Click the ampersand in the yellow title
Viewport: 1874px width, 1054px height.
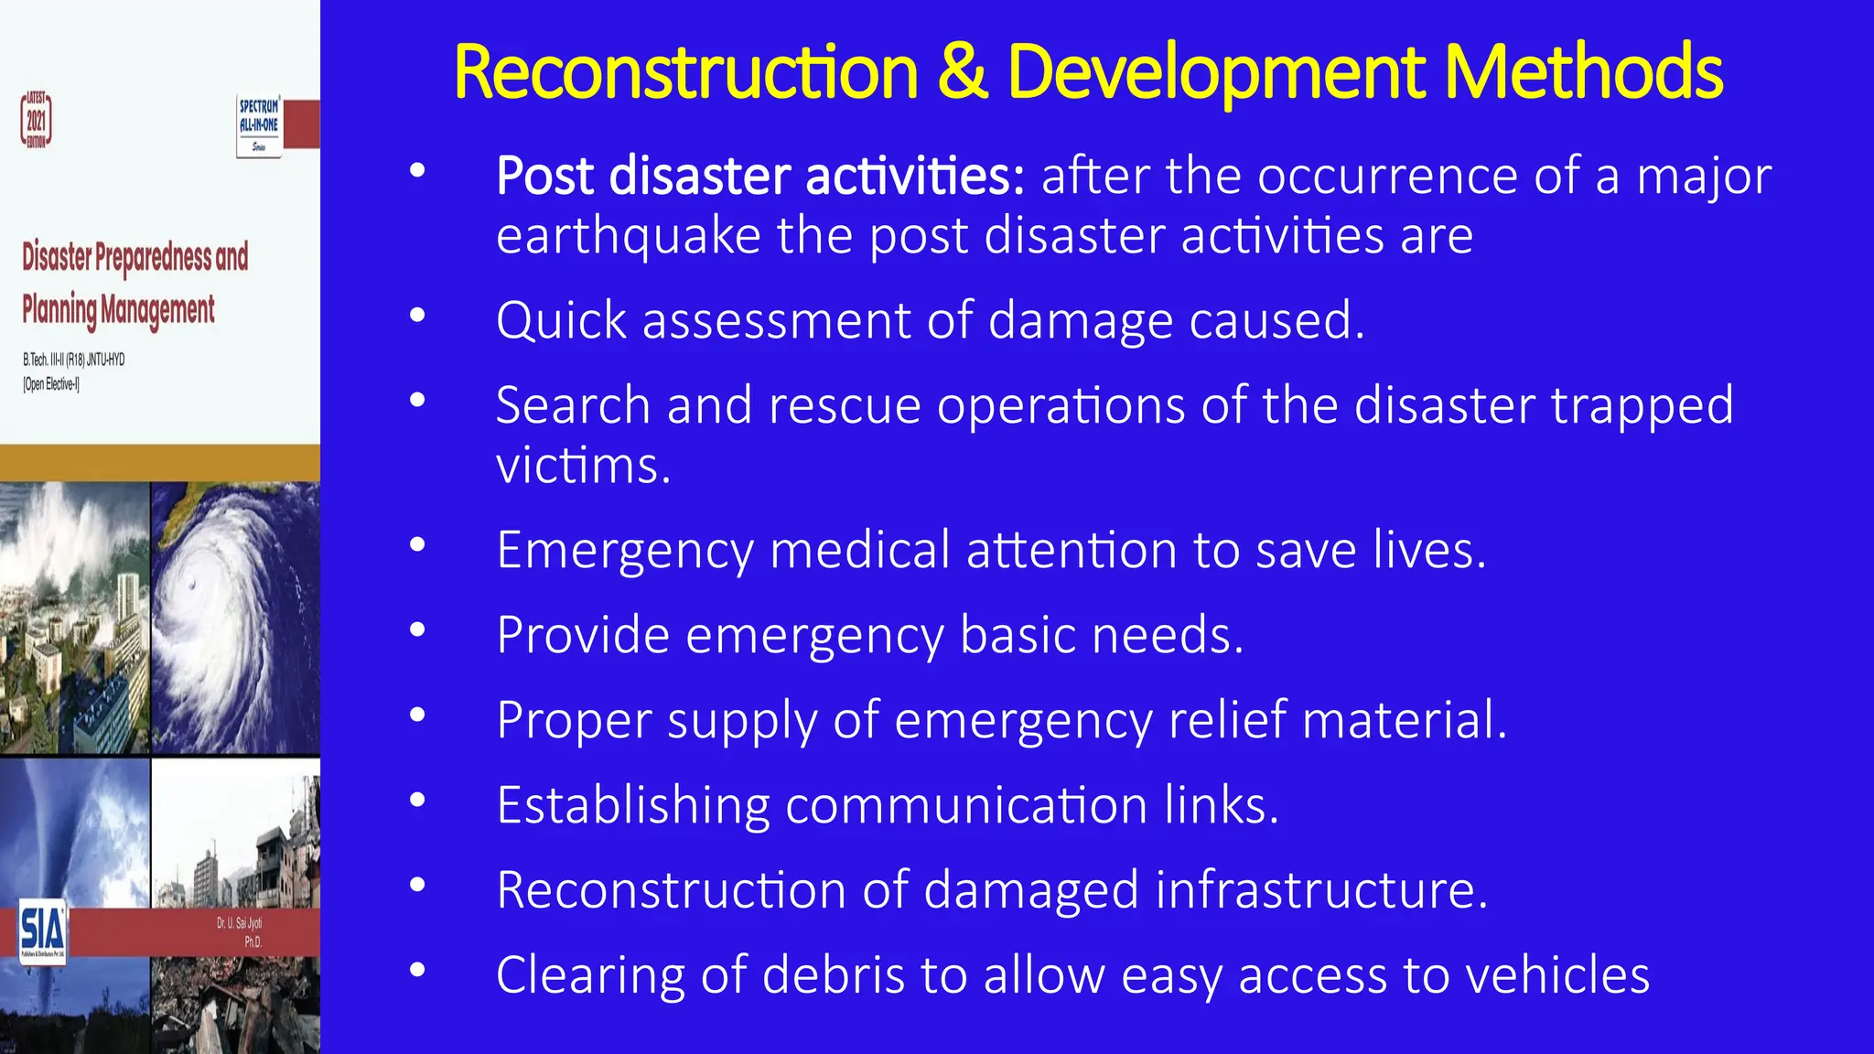click(x=962, y=72)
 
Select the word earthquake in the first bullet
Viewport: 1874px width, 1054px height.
click(x=629, y=236)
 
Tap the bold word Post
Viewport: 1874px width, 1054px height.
click(x=544, y=176)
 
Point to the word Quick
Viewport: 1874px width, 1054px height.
click(x=561, y=321)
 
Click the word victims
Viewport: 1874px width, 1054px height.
click(x=583, y=466)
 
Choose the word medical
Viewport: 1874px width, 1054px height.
click(x=860, y=551)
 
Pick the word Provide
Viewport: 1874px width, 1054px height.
click(x=583, y=635)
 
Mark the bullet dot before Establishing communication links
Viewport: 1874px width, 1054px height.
click(x=418, y=800)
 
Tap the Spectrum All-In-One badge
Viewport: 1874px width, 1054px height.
click(x=259, y=126)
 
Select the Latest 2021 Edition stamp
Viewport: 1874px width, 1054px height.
click(x=37, y=120)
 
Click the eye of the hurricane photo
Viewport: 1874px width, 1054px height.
click(x=191, y=585)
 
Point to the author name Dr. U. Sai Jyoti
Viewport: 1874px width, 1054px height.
click(x=239, y=923)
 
